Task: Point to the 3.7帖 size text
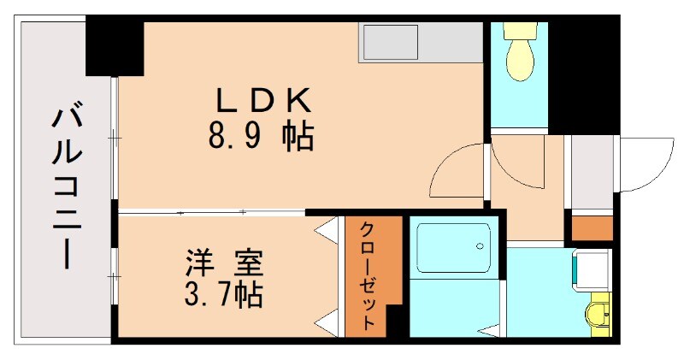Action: [225, 295]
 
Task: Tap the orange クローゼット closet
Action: [373, 275]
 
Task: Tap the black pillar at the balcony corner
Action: [115, 47]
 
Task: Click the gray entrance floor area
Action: [590, 171]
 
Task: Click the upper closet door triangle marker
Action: [326, 229]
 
